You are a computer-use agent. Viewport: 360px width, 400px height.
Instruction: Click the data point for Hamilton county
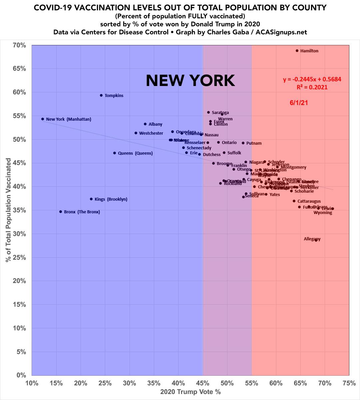pyautogui.click(x=297, y=51)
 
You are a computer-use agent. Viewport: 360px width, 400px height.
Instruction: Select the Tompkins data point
pyautogui.click(x=101, y=95)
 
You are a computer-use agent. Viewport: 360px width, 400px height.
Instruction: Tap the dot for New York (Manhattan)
pyautogui.click(x=43, y=119)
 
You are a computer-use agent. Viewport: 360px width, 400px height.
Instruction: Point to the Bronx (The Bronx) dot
pyautogui.click(x=61, y=212)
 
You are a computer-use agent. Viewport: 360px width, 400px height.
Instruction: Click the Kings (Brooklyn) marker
pyautogui.click(x=91, y=199)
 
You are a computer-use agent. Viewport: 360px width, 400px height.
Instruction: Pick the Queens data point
pyautogui.click(x=115, y=153)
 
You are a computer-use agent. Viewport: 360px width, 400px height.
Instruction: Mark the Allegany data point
pyautogui.click(x=316, y=240)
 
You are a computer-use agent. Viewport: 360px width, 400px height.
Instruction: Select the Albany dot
pyautogui.click(x=145, y=124)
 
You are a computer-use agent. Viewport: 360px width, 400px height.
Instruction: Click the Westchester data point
pyautogui.click(x=136, y=133)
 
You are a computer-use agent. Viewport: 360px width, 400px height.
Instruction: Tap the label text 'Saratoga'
pyautogui.click(x=220, y=113)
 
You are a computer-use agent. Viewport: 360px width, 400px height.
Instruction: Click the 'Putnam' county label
pyautogui.click(x=254, y=143)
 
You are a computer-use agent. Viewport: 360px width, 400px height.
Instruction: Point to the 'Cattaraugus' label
pyautogui.click(x=309, y=201)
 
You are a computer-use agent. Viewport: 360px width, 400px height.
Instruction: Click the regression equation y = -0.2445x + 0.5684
pyautogui.click(x=312, y=80)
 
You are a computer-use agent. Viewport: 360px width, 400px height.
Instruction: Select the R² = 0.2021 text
pyautogui.click(x=312, y=87)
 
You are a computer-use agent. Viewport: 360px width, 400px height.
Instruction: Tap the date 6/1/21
pyautogui.click(x=299, y=103)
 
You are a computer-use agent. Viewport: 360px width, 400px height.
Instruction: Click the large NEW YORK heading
pyautogui.click(x=190, y=80)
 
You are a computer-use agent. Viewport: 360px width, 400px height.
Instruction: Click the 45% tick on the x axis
pyautogui.click(x=202, y=383)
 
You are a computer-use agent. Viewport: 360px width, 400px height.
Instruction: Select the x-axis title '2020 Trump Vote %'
pyautogui.click(x=190, y=392)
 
